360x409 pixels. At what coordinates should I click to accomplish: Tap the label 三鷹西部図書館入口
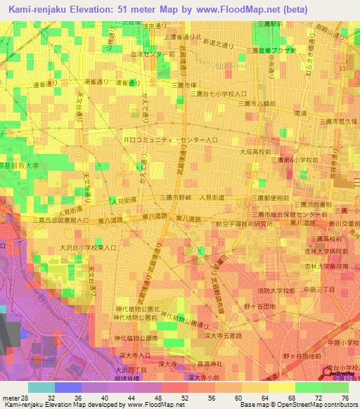coord(61,221)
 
